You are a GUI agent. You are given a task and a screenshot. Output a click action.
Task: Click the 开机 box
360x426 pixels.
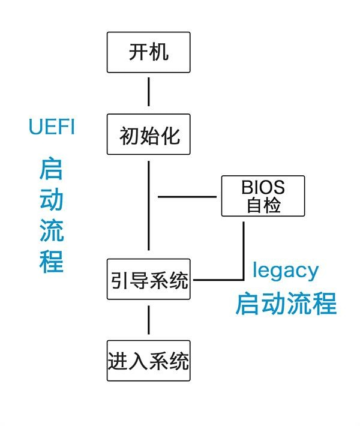(x=148, y=52)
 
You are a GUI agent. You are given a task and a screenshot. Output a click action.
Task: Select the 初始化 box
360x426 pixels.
(x=148, y=134)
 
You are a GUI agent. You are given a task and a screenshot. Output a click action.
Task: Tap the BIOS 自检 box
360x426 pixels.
(x=263, y=196)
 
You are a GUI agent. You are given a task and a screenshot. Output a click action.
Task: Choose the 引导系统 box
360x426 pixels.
(x=149, y=279)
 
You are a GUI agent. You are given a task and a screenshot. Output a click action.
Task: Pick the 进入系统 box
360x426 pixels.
(x=149, y=361)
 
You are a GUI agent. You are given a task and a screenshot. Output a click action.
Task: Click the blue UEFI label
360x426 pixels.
(x=52, y=127)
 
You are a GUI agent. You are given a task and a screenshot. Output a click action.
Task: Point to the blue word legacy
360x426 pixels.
(x=285, y=270)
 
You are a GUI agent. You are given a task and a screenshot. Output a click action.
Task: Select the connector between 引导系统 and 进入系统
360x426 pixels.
(x=148, y=320)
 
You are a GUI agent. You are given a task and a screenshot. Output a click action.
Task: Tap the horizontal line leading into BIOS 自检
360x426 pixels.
(x=187, y=196)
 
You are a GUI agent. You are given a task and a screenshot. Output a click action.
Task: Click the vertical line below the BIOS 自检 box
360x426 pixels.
(x=244, y=249)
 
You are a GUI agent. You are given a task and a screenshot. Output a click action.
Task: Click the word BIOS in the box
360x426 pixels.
(x=263, y=187)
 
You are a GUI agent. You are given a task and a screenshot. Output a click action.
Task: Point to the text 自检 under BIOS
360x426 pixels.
(x=263, y=205)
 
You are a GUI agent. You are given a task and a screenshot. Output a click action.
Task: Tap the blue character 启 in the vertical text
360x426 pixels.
(x=52, y=170)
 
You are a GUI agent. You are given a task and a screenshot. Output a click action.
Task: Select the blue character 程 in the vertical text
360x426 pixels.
(x=52, y=262)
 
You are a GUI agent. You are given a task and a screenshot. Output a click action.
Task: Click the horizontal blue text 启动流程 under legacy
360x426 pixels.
(x=285, y=303)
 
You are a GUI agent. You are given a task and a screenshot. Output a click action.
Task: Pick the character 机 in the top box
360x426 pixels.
(x=158, y=52)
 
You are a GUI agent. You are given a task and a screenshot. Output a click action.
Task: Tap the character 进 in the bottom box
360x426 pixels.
(x=118, y=361)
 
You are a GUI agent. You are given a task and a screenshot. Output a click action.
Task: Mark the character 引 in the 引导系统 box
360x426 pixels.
(x=119, y=280)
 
